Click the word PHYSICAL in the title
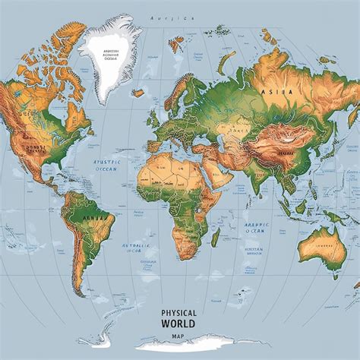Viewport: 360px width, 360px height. point(180,312)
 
